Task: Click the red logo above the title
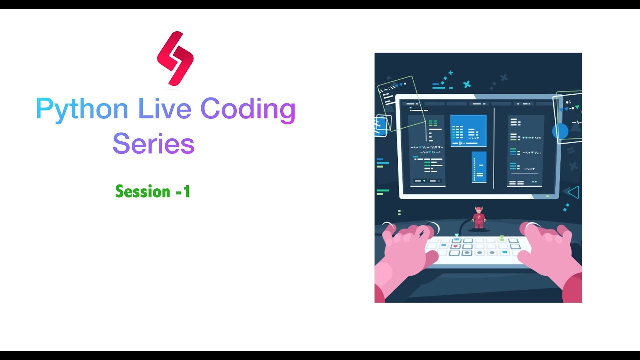(x=175, y=58)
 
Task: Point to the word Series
(x=153, y=144)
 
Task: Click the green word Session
(x=143, y=191)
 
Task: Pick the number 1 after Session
(x=186, y=192)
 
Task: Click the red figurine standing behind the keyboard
(x=479, y=218)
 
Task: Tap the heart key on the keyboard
(x=455, y=246)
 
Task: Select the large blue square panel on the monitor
(x=468, y=131)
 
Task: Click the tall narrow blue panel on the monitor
(x=479, y=167)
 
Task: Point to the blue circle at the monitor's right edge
(x=560, y=131)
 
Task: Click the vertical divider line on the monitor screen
(x=494, y=148)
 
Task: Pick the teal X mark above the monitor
(x=467, y=84)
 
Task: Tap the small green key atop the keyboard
(x=501, y=238)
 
